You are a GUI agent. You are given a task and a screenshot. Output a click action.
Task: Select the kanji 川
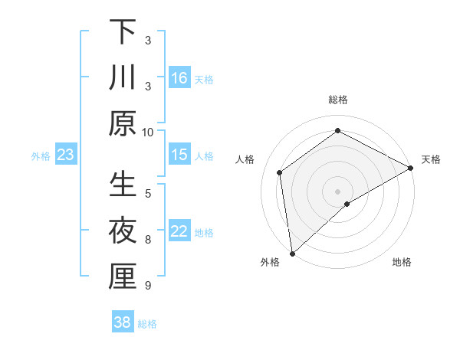(x=123, y=77)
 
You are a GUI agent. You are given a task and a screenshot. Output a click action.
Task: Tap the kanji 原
(x=123, y=123)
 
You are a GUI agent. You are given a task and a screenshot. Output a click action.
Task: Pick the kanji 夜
(x=123, y=231)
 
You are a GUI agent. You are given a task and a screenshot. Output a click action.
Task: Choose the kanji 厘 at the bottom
(x=123, y=277)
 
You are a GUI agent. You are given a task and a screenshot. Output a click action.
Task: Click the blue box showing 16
(x=179, y=77)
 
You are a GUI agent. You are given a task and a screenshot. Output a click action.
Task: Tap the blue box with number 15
(x=179, y=155)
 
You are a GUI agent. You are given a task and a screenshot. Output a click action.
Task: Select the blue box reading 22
(x=179, y=232)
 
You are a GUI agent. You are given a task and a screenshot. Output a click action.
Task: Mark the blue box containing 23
(x=66, y=155)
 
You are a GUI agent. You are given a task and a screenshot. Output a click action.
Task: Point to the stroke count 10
(x=148, y=132)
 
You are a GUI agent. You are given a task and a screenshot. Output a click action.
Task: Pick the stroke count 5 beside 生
(x=148, y=193)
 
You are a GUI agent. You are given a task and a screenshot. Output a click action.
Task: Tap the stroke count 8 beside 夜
(x=148, y=240)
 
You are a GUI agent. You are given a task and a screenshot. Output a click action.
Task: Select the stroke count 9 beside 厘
(x=148, y=286)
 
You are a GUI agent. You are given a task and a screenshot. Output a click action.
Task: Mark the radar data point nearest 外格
(x=292, y=253)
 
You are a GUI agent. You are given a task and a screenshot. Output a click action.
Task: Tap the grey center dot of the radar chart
(x=338, y=190)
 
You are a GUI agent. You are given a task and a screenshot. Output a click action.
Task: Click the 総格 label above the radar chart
(x=338, y=100)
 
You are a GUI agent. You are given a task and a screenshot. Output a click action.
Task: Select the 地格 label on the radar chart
(x=402, y=263)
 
